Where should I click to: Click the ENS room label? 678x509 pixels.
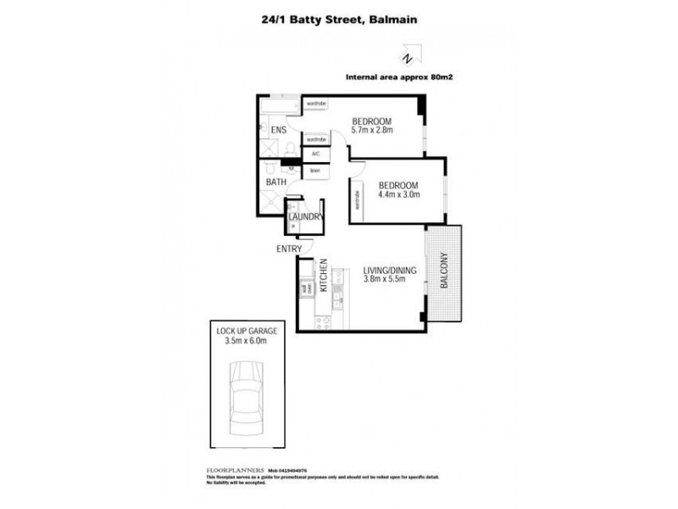[278, 131]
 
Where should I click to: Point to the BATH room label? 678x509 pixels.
[276, 182]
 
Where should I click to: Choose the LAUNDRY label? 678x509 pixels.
[304, 217]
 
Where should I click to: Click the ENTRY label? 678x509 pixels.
[288, 249]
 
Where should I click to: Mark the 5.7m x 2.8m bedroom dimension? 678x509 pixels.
[372, 131]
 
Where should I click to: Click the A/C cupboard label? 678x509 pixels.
[315, 154]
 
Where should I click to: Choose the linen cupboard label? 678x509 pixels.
[314, 170]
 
